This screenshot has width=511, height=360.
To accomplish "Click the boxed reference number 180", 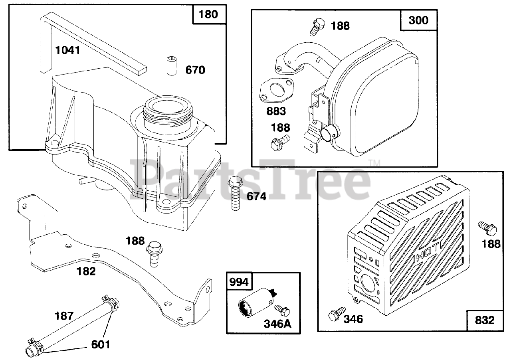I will tap(208, 15).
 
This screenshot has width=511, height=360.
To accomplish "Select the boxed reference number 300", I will tap(418, 20).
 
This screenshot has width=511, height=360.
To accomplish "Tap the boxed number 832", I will tap(485, 320).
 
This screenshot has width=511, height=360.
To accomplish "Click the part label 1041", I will tap(68, 50).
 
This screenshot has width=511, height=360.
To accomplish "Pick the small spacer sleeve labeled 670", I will tap(171, 65).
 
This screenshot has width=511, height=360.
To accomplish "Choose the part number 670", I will tap(195, 71).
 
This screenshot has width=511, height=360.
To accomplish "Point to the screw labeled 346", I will tap(335, 314).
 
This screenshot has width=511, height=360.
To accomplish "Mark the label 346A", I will tap(277, 324).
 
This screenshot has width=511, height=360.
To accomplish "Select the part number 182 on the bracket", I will tap(86, 271).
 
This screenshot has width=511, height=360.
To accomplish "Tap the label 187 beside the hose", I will tap(64, 316).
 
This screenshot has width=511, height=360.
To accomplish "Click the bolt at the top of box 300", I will tap(316, 26).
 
